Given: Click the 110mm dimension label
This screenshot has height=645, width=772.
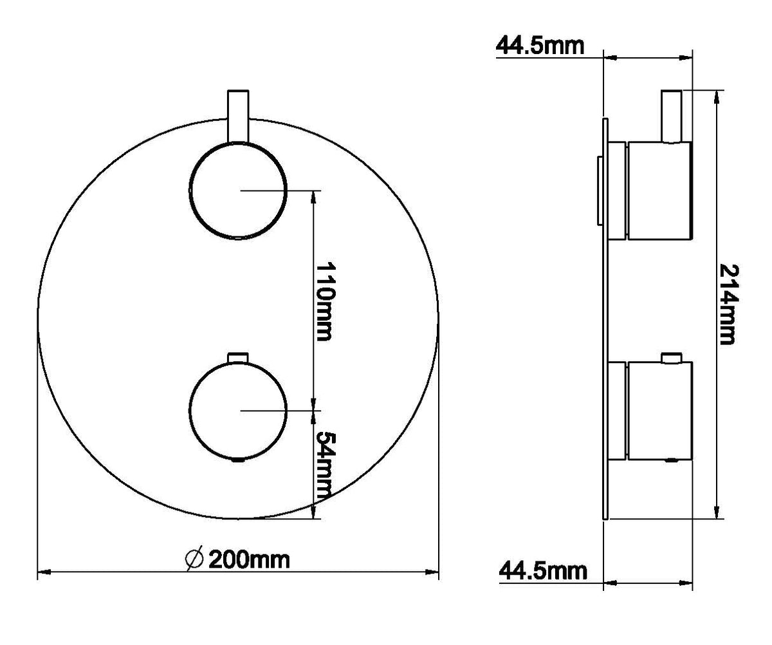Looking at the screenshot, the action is point(325,302).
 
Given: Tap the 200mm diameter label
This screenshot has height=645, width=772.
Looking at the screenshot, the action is point(249,560).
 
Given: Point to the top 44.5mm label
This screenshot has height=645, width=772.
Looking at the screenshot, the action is point(540,46).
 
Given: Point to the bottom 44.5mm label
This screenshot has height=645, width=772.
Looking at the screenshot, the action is point(543,581).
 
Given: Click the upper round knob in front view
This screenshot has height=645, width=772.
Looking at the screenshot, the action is point(238,191).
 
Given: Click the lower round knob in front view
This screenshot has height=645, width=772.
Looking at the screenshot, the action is point(238,411).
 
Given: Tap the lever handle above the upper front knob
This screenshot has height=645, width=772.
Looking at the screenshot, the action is point(239,116).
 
